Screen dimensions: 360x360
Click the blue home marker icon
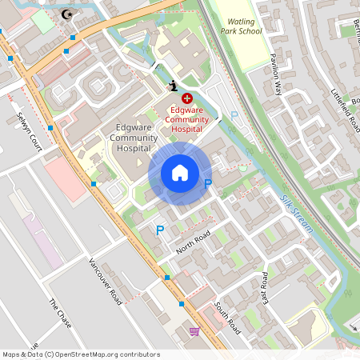click(x=180, y=173)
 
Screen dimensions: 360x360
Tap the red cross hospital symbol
click(x=175, y=98)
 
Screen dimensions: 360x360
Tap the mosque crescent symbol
click(x=66, y=14)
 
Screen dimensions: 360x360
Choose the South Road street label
click(x=227, y=318)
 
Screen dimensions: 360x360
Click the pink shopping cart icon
click(x=194, y=330)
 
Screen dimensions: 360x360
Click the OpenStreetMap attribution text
click(x=81, y=354)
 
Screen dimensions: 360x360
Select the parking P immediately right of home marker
click(x=208, y=185)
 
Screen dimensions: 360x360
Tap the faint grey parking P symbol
click(x=234, y=116)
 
